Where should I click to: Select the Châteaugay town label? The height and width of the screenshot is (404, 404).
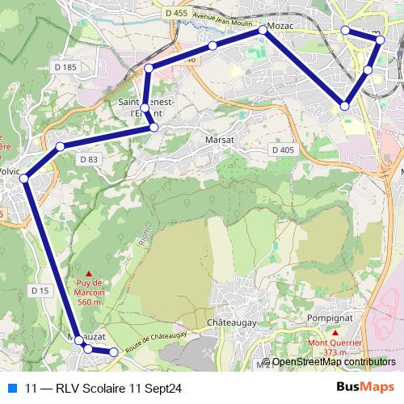click(x=232, y=322)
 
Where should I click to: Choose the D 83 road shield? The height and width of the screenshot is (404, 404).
click(x=89, y=160)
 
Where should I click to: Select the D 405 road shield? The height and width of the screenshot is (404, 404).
click(x=283, y=150)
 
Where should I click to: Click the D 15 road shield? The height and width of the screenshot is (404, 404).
click(x=40, y=289)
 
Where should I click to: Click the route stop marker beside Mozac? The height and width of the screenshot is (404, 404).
click(x=263, y=29)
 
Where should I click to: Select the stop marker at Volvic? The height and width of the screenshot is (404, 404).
click(x=24, y=178)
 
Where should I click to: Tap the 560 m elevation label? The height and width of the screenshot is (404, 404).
click(x=88, y=301)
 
